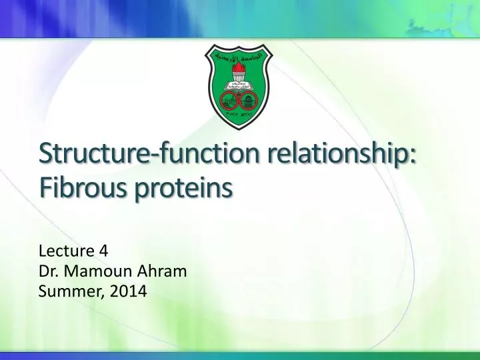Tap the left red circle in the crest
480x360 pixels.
coord(230,100)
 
